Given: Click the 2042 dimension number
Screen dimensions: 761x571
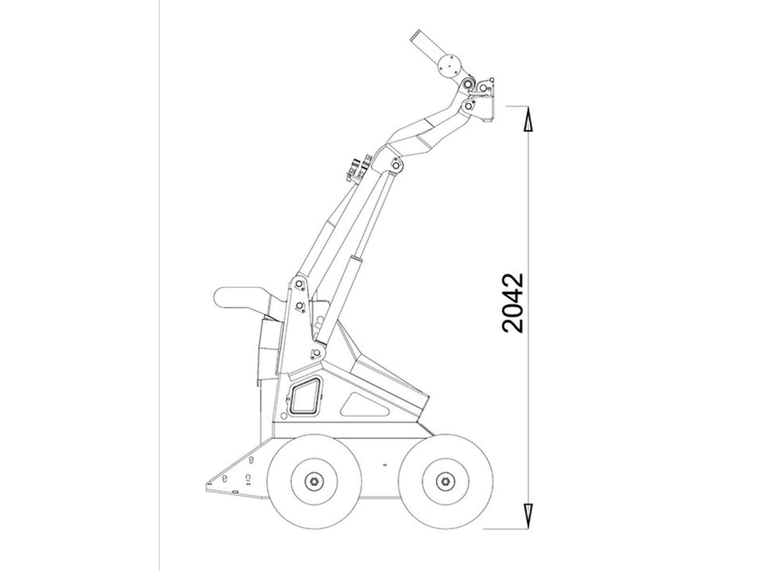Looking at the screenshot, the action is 512,304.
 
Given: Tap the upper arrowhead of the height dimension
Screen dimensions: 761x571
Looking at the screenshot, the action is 527,119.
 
